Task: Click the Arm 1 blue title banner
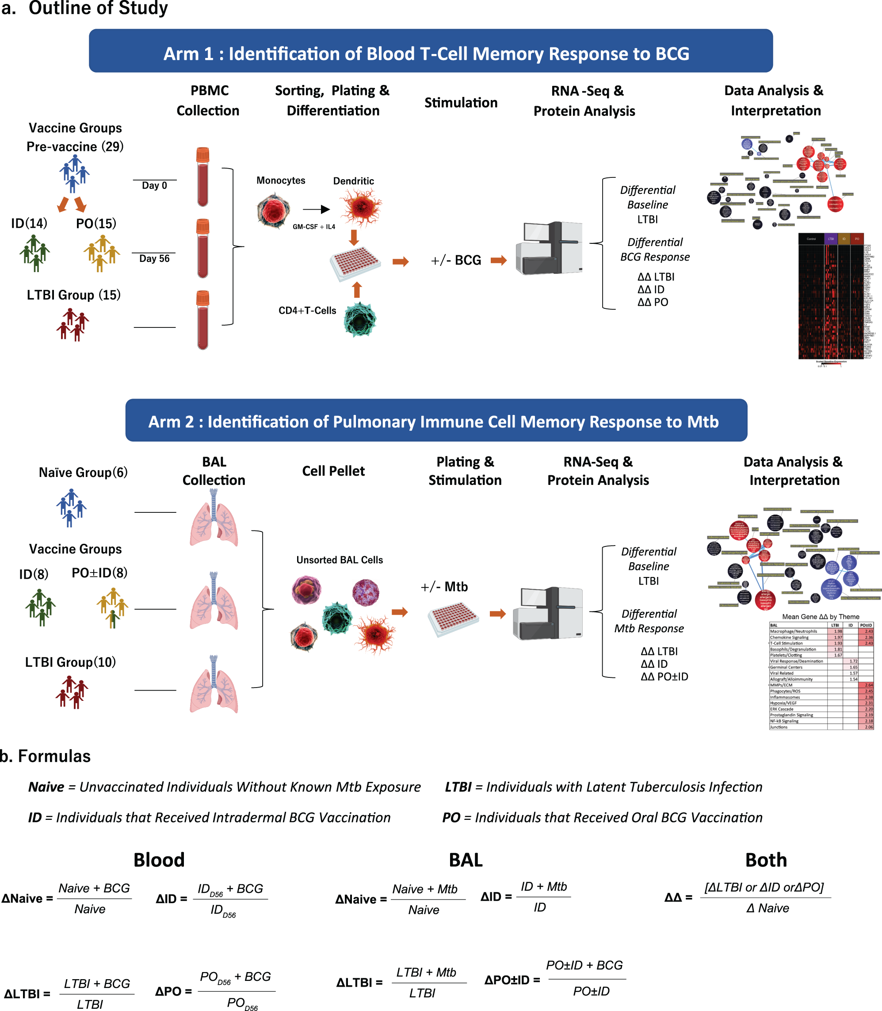(431, 51)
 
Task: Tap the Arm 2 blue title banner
(436, 420)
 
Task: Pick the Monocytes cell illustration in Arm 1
(273, 210)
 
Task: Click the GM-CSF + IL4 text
(313, 227)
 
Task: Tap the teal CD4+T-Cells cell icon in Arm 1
(360, 319)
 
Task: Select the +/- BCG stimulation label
(456, 260)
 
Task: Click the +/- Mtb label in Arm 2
(444, 587)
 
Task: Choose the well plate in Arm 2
(453, 619)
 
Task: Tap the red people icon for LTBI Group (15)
(72, 324)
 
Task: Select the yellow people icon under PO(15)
(101, 253)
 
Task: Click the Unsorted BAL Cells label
(339, 560)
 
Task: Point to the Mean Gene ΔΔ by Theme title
(821, 616)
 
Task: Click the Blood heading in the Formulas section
(159, 860)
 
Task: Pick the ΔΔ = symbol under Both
(678, 897)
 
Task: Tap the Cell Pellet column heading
(333, 471)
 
